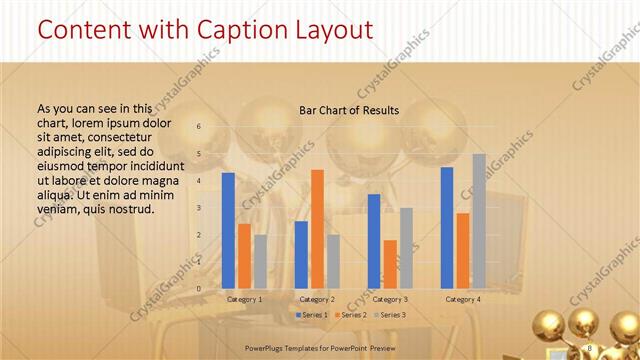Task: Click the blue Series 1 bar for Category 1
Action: [x=228, y=230]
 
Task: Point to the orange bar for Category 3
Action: [x=390, y=263]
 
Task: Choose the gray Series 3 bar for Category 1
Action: [x=260, y=261]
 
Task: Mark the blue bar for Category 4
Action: [x=447, y=227]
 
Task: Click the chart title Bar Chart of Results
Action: [x=349, y=110]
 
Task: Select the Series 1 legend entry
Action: [x=312, y=315]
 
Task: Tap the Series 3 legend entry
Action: [x=390, y=315]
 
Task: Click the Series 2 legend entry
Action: [x=351, y=315]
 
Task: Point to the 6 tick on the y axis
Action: [x=199, y=126]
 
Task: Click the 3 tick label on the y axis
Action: [x=199, y=207]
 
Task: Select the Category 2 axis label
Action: [x=317, y=299]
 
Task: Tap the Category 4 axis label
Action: [x=463, y=299]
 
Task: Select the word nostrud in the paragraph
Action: [x=132, y=209]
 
